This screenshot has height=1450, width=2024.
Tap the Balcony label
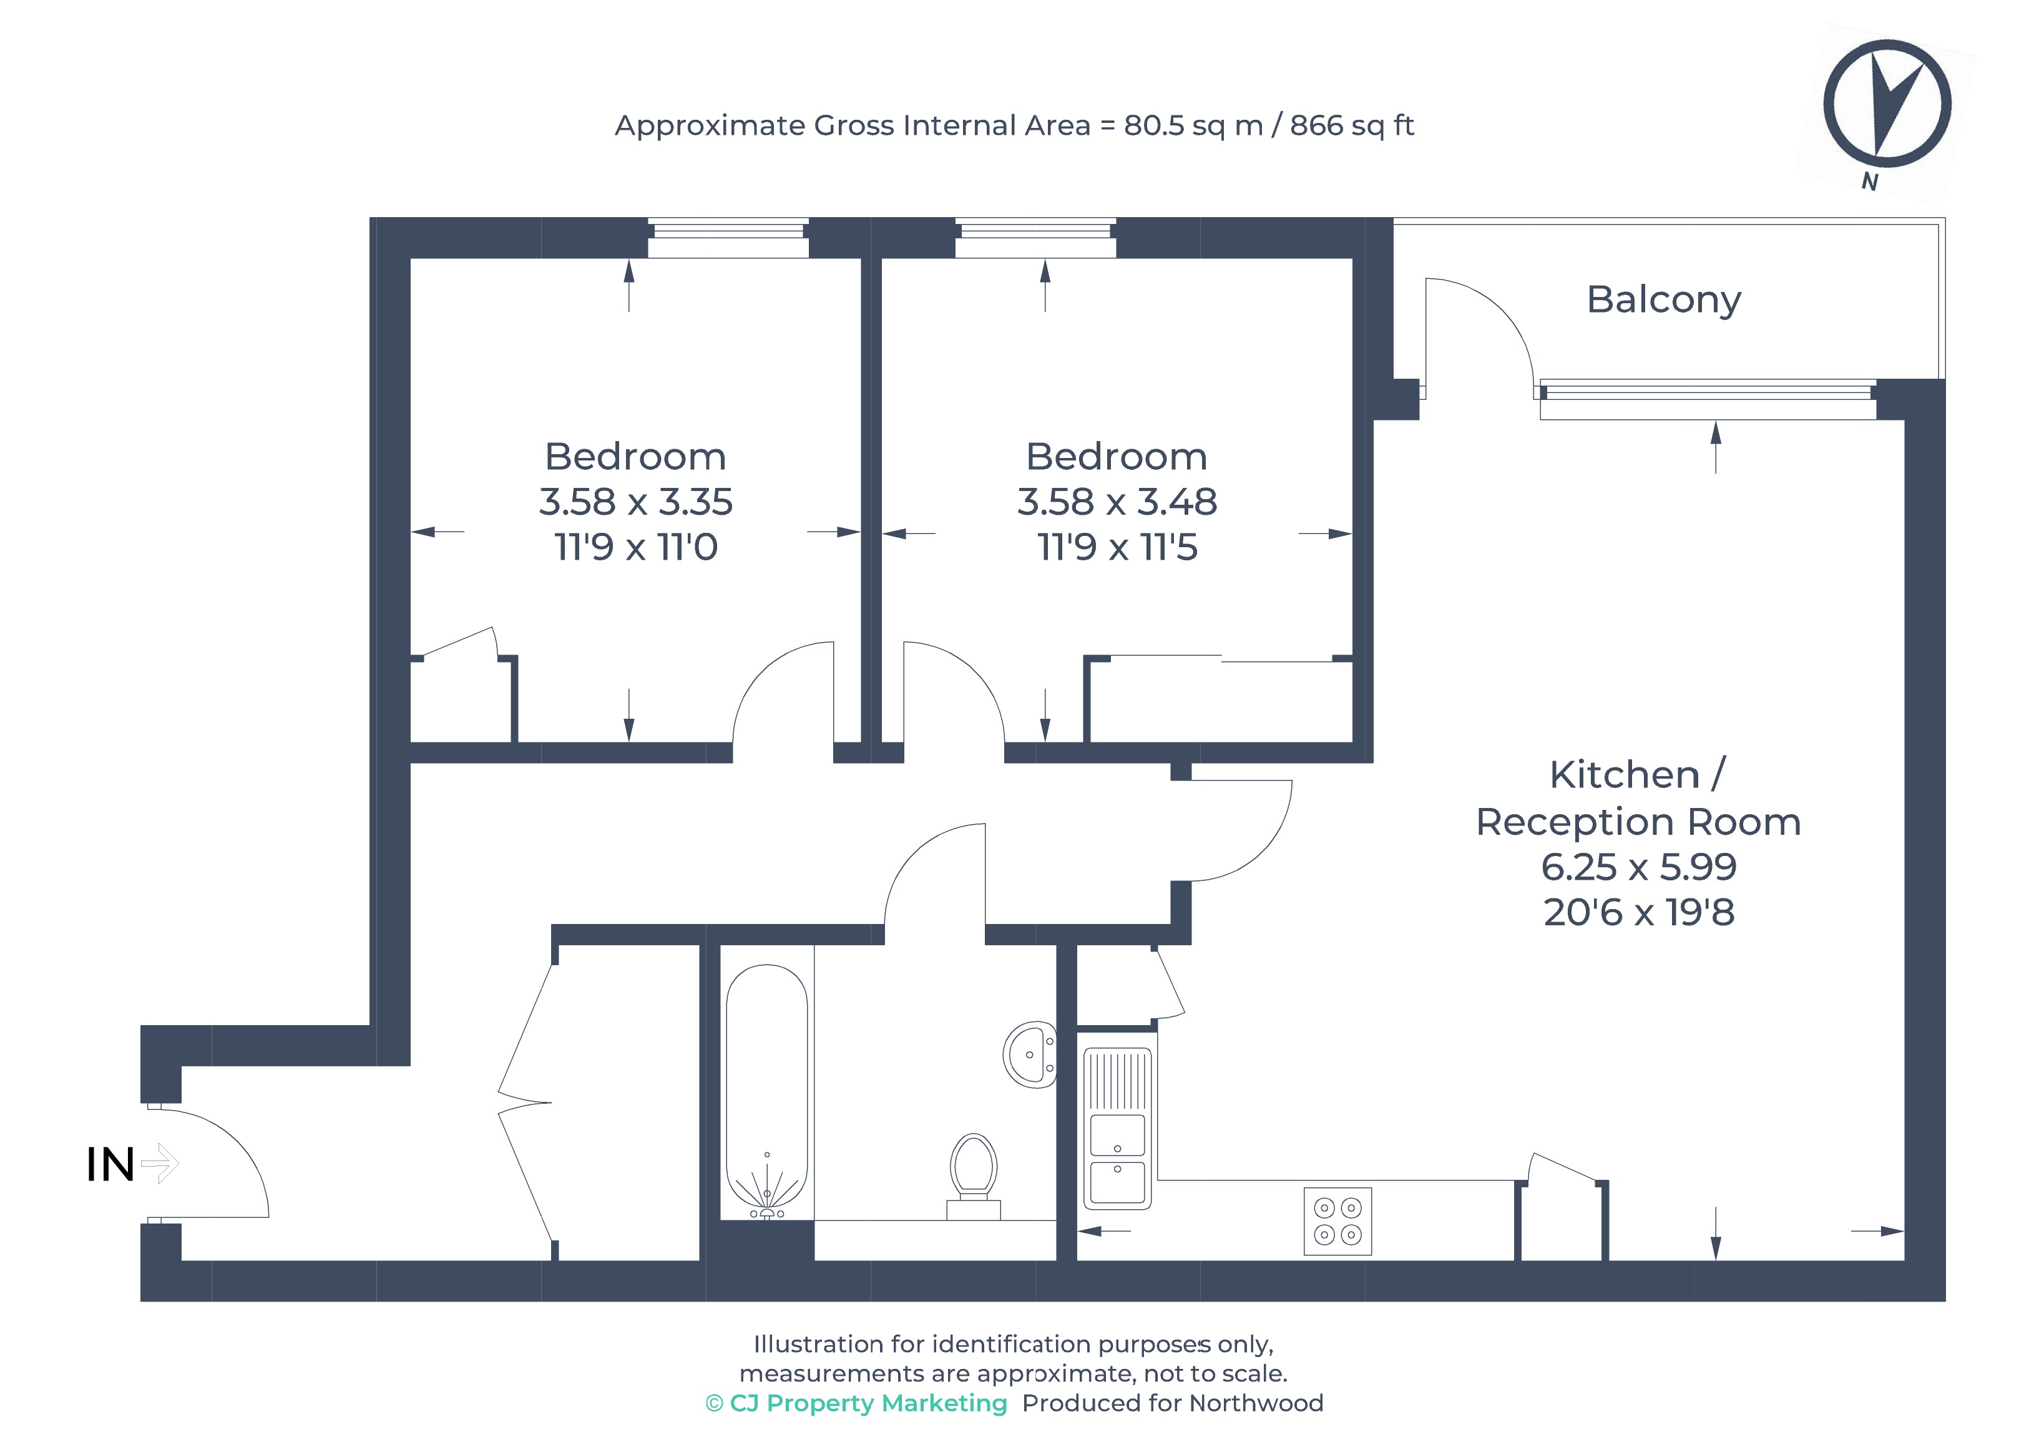(x=1663, y=300)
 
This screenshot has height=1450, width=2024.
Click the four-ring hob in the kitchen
(x=1337, y=1220)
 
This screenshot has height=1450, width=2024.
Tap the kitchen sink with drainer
(x=1117, y=1129)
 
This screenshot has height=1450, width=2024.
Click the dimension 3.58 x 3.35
(x=635, y=502)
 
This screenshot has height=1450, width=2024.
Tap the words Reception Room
(x=1638, y=822)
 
